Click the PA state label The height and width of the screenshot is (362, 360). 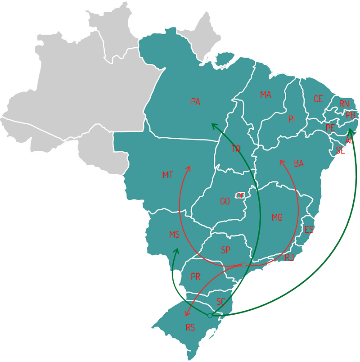(195, 102)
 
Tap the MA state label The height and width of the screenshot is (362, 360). (265, 95)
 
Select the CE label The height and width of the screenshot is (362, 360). (318, 99)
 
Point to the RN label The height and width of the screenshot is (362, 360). (344, 104)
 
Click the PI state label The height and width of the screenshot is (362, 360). (292, 119)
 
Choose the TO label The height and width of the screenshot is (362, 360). (236, 149)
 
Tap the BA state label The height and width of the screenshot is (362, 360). (299, 163)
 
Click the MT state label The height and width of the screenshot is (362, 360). (167, 175)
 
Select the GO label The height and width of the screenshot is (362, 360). (225, 201)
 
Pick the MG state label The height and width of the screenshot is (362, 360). (277, 217)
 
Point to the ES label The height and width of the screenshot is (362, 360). (309, 230)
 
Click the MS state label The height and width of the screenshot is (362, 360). (174, 235)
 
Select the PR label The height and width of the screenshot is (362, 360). (195, 277)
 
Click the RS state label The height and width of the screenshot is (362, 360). (190, 327)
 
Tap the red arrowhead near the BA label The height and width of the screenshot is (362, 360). (282, 162)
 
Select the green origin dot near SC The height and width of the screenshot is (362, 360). (210, 316)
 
